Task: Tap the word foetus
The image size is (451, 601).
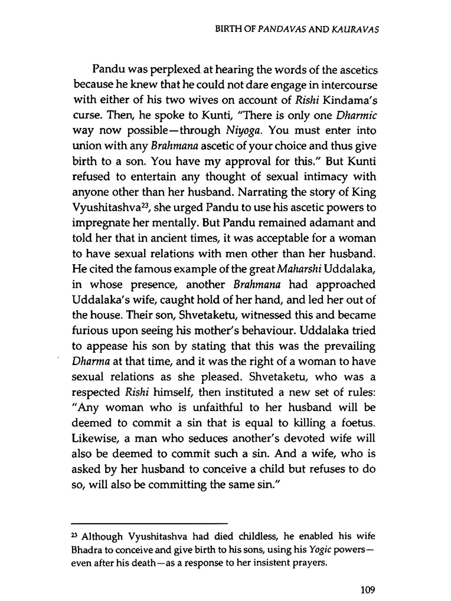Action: (x=358, y=423)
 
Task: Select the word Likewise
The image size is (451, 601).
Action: (x=94, y=438)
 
